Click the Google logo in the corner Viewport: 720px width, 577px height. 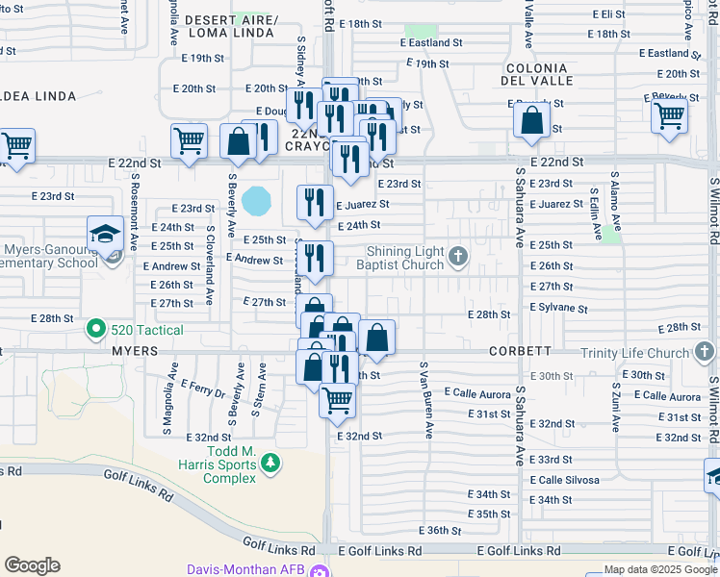pyautogui.click(x=32, y=564)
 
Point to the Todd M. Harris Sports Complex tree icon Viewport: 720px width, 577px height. pyautogui.click(x=271, y=464)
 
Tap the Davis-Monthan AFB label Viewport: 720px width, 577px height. pyautogui.click(x=251, y=568)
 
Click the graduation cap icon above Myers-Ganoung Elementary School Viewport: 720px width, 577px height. pyautogui.click(x=105, y=233)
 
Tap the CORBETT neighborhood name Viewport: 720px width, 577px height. pyautogui.click(x=526, y=352)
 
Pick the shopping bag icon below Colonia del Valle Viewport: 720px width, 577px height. pyautogui.click(x=531, y=120)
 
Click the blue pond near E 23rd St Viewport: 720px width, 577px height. pyautogui.click(x=257, y=200)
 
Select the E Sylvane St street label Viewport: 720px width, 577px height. pyautogui.click(x=558, y=308)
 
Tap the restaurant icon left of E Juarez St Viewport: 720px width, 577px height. pyautogui.click(x=315, y=202)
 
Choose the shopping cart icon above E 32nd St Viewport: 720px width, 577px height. pyautogui.click(x=337, y=399)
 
